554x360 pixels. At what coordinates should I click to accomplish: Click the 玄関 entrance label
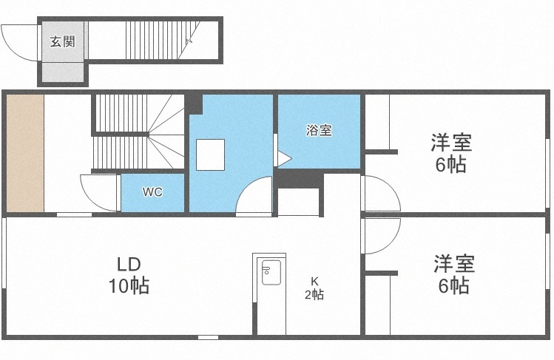[x=62, y=41]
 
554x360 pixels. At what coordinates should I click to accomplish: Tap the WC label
[x=152, y=192]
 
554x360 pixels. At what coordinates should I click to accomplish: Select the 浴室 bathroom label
[x=319, y=131]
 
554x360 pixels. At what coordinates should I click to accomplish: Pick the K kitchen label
[x=314, y=281]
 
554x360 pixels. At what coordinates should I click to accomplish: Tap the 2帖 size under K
[x=314, y=295]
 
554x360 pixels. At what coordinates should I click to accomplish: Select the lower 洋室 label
[x=453, y=264]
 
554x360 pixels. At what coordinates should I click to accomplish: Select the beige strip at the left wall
[x=26, y=152]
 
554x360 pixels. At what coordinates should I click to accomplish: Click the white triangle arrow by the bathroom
[x=283, y=157]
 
